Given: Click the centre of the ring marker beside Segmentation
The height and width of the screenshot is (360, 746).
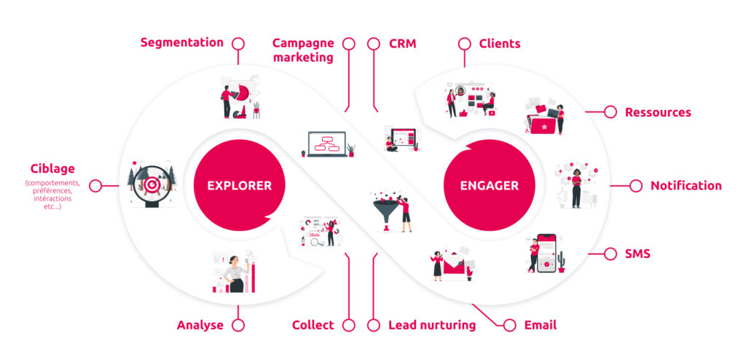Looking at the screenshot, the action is pos(238,44).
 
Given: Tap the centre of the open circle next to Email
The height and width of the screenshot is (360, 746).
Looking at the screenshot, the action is pos(509,325).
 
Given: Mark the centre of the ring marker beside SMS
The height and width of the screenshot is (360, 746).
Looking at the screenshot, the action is pos(610,254).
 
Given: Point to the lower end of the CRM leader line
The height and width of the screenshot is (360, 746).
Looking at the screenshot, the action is pos(377,111).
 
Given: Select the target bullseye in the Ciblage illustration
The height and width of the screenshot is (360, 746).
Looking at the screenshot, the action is pos(152,184).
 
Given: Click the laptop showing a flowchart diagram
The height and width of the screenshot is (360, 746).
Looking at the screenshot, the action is pos(327,144).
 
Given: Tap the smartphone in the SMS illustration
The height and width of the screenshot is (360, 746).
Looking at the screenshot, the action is pos(546,253).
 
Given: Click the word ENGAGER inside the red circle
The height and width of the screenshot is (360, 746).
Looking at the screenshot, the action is pos(489,185).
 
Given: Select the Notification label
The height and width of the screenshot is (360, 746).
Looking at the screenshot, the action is pos(686,186).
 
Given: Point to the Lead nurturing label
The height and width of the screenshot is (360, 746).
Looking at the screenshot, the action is pos(432,325).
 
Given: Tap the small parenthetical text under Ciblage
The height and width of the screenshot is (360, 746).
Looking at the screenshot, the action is pos(52,195).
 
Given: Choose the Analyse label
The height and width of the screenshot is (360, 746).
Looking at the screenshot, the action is pos(200,326).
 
